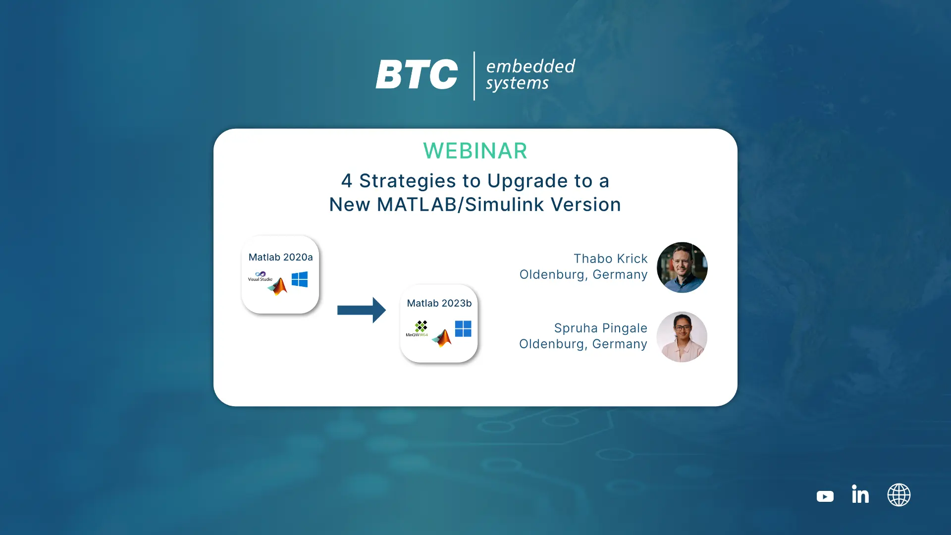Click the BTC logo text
point(417,74)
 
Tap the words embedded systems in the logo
point(530,74)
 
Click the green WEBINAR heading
point(475,151)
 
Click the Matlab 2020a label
point(280,257)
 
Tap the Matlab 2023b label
point(439,303)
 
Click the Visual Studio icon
point(260,276)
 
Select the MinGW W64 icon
point(417,328)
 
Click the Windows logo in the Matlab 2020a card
point(300,279)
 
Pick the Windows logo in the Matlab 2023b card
point(463,328)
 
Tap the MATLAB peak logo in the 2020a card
point(278,286)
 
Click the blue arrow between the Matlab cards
point(362,310)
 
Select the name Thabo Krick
point(610,259)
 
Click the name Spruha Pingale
point(600,328)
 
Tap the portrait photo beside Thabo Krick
point(682,267)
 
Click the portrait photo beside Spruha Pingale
point(682,337)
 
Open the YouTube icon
point(825,496)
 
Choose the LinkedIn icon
point(860,494)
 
